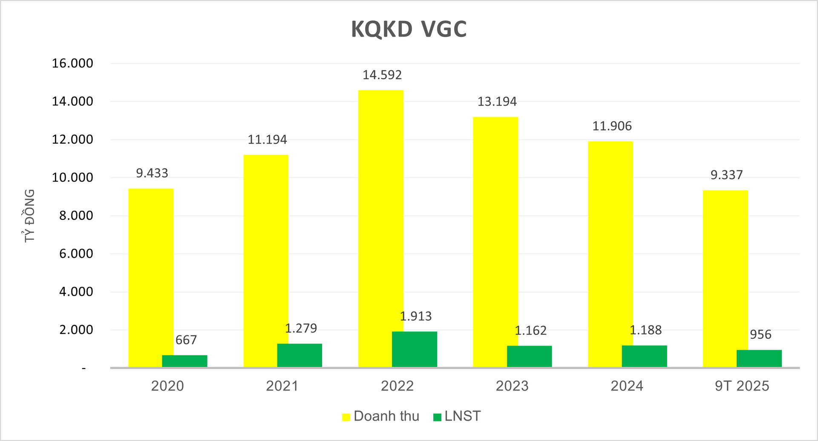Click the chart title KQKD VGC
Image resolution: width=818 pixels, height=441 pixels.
point(409,29)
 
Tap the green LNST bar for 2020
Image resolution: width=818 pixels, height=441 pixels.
point(184,361)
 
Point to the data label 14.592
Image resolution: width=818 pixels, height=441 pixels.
point(382,75)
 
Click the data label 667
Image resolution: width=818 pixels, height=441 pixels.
point(186,340)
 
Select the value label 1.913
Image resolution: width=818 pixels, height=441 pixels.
point(415,316)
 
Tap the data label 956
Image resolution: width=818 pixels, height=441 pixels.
point(760,334)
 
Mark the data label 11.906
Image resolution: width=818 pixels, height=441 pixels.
point(612,126)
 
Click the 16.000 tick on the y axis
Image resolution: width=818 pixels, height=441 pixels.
point(72,63)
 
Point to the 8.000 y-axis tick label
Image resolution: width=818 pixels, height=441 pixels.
point(76,216)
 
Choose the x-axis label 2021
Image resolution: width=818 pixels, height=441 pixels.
point(282,386)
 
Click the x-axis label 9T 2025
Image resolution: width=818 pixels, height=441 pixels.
point(742,386)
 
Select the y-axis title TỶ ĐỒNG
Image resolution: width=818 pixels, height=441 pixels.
point(29,216)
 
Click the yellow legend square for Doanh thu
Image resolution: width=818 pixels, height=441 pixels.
point(346,417)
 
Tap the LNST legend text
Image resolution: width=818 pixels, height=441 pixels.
point(462,416)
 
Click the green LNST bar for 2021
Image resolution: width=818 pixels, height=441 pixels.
point(300,355)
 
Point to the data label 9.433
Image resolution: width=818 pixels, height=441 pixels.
point(152,173)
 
